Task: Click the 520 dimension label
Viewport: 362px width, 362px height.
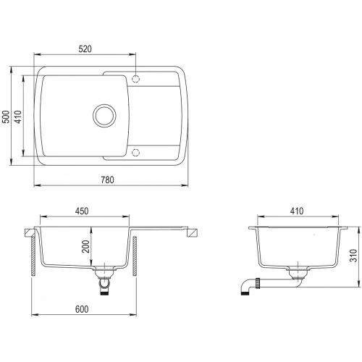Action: (x=85, y=49)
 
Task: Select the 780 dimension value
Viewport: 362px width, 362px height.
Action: (x=107, y=180)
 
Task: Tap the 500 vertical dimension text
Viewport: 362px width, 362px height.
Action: (x=6, y=117)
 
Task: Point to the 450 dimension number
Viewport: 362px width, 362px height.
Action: (x=82, y=211)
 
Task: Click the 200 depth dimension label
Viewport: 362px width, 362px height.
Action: (x=85, y=246)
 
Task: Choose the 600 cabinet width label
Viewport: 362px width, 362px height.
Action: (x=82, y=309)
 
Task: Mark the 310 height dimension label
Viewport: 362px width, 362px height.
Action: (x=353, y=256)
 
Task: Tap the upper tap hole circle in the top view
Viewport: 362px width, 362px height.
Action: (x=135, y=79)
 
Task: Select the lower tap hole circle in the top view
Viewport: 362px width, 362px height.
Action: (x=135, y=153)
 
